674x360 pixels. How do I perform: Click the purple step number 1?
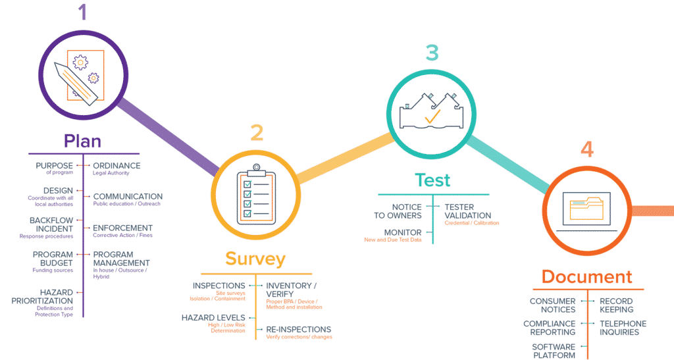click(82, 13)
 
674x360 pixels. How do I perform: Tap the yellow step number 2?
click(257, 133)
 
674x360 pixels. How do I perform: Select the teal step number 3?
click(432, 53)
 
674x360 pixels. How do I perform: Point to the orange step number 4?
click(586, 149)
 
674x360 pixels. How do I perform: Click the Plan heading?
click(82, 141)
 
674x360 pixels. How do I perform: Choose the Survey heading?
click(255, 259)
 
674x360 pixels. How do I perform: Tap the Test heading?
click(432, 180)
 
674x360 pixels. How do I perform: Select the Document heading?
click(586, 276)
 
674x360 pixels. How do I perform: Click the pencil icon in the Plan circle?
click(78, 82)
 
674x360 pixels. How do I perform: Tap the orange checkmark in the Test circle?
click(432, 118)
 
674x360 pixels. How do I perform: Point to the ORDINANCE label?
click(117, 166)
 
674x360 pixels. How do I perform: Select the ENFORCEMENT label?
click(122, 228)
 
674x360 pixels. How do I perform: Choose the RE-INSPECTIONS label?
click(298, 329)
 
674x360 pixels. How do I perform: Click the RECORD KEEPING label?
click(616, 305)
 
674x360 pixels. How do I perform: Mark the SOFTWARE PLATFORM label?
click(554, 351)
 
